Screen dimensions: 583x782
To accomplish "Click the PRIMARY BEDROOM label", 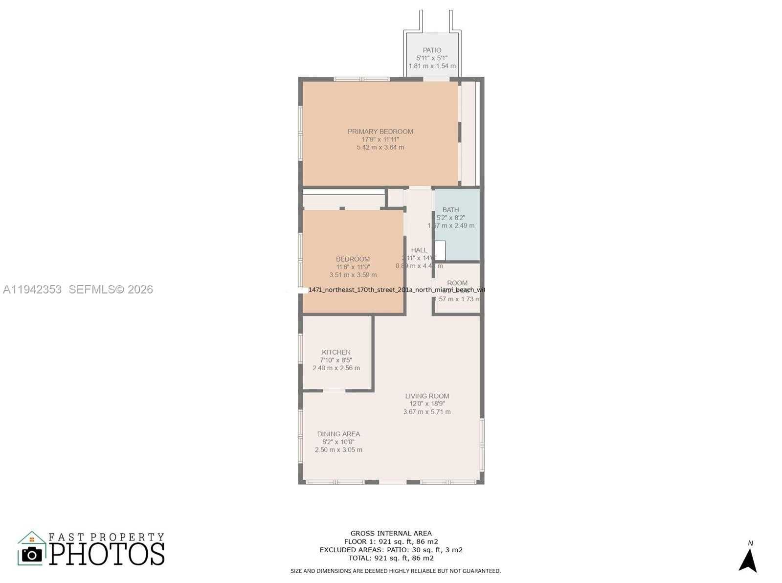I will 380,132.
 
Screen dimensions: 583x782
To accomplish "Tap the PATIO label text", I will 432,50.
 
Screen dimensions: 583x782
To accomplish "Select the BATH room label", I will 450,210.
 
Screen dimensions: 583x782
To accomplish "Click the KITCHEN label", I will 336,352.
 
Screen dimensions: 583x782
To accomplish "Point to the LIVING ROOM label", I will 427,396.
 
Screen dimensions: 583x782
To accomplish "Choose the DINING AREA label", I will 338,434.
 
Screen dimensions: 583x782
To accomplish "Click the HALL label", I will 419,250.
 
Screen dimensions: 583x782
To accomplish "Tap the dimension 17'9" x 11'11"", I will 380,139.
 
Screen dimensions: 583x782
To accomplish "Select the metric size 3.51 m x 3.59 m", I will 353,275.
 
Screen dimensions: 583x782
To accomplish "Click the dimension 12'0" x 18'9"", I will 427,404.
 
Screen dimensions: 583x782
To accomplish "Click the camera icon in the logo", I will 32,554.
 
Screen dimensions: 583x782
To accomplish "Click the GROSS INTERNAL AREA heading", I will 391,534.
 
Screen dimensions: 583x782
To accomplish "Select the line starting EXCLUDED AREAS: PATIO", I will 391,550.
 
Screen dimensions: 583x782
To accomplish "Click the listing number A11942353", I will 32,290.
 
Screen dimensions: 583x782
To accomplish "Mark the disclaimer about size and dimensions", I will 395,571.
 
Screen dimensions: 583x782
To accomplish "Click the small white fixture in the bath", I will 440,250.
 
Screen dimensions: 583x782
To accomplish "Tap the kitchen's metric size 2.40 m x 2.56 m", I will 336,368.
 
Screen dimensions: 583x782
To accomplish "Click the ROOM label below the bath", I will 457,283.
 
